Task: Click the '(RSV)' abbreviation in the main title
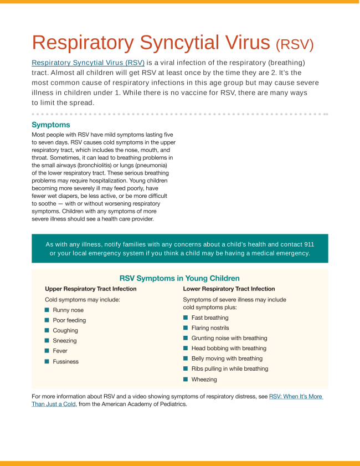pos(294,44)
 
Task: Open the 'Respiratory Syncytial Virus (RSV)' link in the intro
pos(88,63)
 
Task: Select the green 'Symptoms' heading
pos(51,125)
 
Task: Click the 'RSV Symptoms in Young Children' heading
pos(179,278)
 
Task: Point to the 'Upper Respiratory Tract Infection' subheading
pos(90,289)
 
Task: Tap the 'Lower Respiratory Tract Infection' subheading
pos(229,289)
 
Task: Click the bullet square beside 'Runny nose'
pos(47,310)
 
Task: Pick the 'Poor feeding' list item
pos(69,320)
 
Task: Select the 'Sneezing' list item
pos(65,341)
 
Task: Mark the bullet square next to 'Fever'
pos(47,351)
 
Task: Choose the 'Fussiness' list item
pos(65,361)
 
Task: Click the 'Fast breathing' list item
pos(209,318)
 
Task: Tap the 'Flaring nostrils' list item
pos(210,328)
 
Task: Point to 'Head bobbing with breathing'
pos(229,349)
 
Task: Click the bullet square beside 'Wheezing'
pos(186,380)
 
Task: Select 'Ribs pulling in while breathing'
pos(229,368)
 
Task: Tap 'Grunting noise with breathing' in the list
pos(229,338)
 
